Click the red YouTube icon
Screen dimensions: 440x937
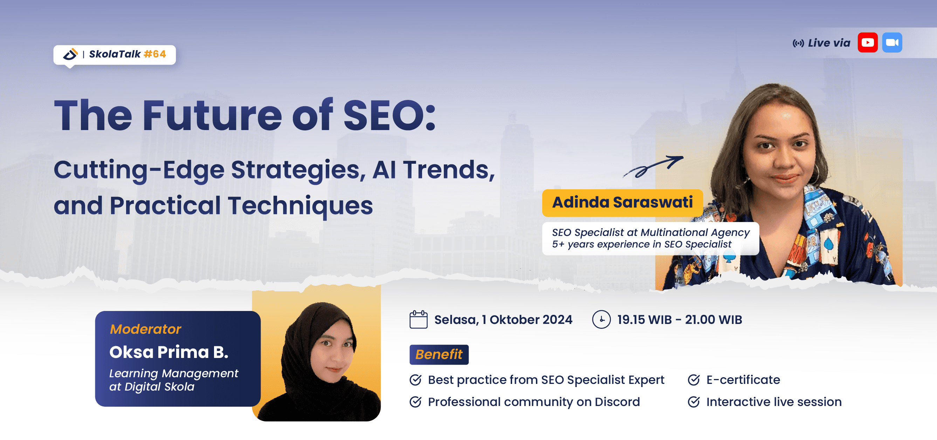868,42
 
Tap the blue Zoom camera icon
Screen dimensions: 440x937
892,42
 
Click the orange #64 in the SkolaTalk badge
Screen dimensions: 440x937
155,54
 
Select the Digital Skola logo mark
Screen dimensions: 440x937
70,54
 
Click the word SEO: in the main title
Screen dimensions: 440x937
389,116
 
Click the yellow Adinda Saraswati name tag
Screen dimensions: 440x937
622,202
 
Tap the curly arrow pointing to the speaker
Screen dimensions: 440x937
653,166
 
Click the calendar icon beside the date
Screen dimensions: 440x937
418,319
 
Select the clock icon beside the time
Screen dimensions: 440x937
601,319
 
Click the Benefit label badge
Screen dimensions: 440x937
439,354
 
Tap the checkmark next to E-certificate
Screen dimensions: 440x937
694,380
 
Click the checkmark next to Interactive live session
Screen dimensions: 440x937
694,402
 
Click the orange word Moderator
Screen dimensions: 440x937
145,329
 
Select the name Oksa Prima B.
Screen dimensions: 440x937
169,352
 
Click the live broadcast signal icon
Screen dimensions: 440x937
798,44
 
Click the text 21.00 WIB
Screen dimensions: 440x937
713,319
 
